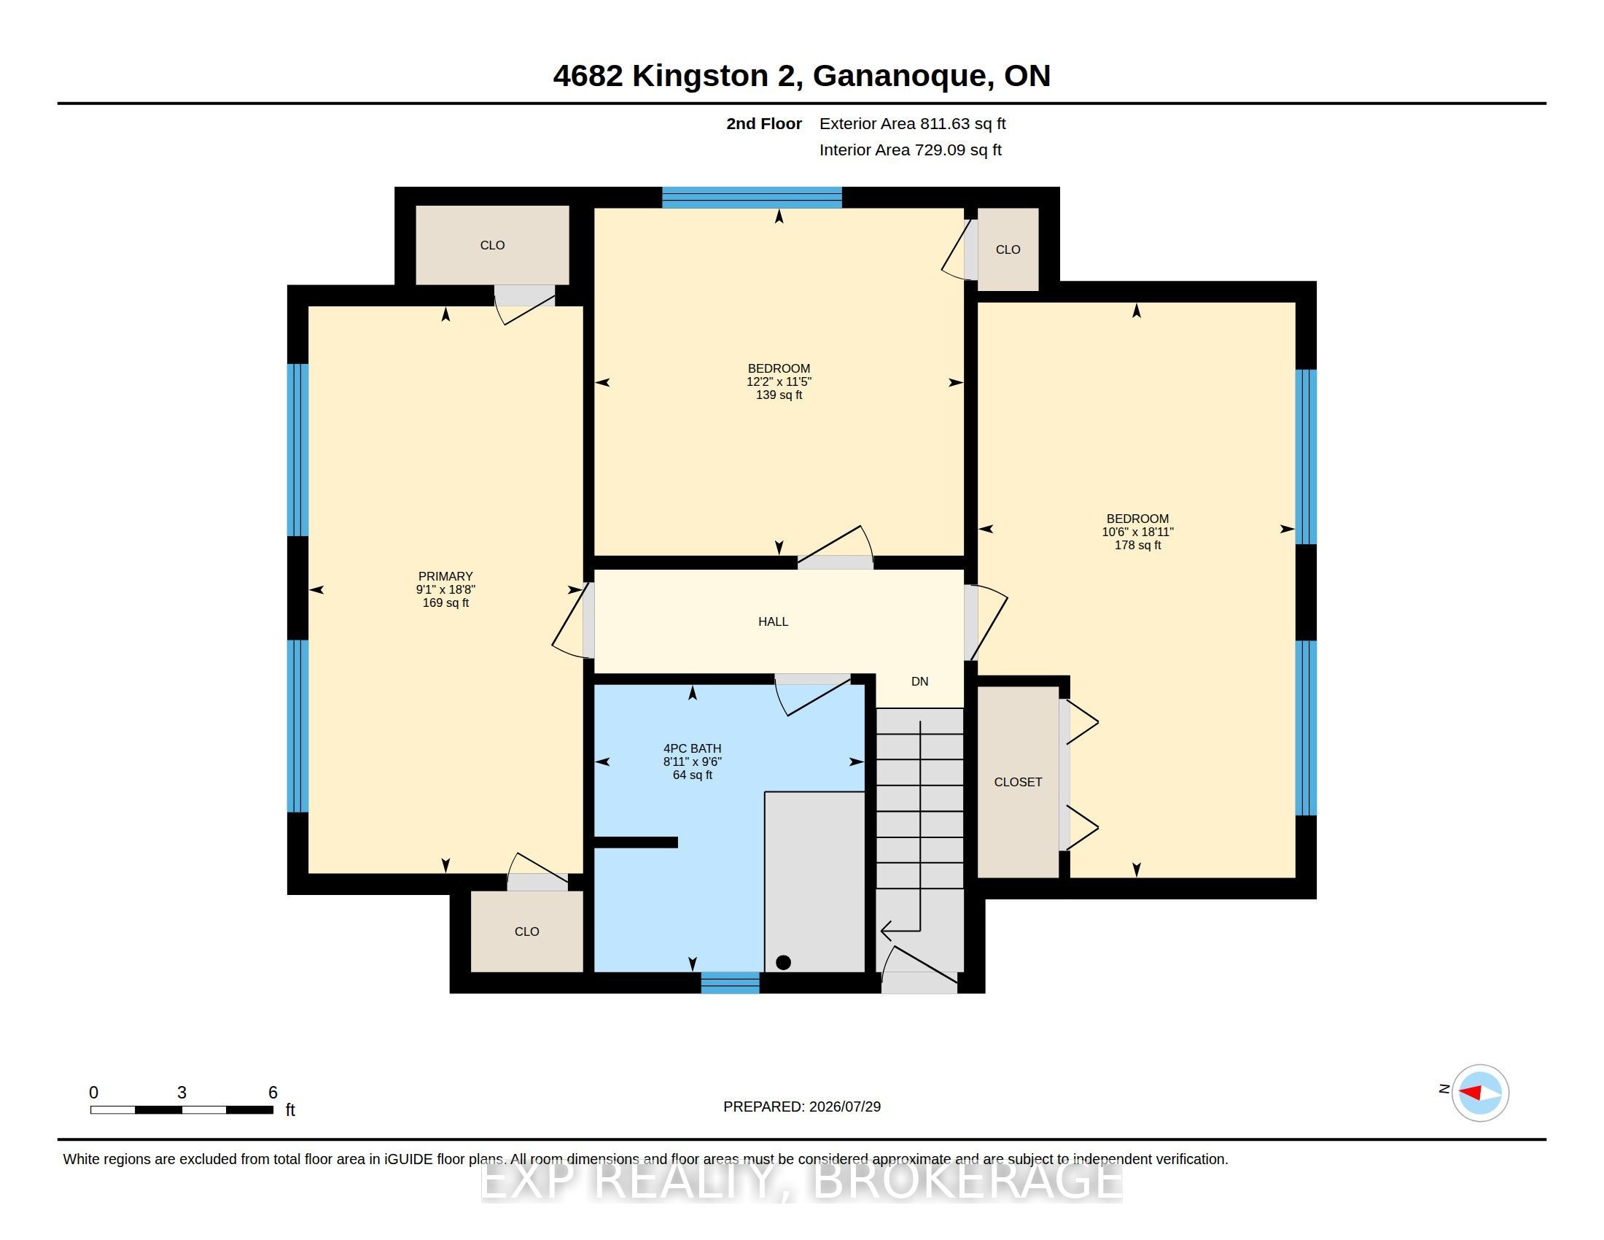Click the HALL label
click(773, 621)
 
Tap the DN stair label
click(919, 681)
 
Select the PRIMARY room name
click(445, 576)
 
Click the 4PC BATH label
click(692, 748)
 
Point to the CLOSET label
click(1018, 783)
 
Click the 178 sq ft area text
click(1137, 545)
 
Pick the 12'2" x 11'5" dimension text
click(779, 382)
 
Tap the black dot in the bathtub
click(783, 962)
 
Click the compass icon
click(1480, 1093)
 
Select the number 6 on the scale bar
click(273, 1093)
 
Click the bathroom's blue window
click(730, 983)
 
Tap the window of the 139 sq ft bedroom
click(752, 198)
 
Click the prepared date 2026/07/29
click(844, 1107)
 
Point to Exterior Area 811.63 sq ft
click(912, 124)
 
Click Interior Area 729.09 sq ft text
click(910, 150)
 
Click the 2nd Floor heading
click(764, 123)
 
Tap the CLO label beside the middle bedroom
click(1008, 249)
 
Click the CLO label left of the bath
click(526, 931)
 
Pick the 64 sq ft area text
click(693, 775)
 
